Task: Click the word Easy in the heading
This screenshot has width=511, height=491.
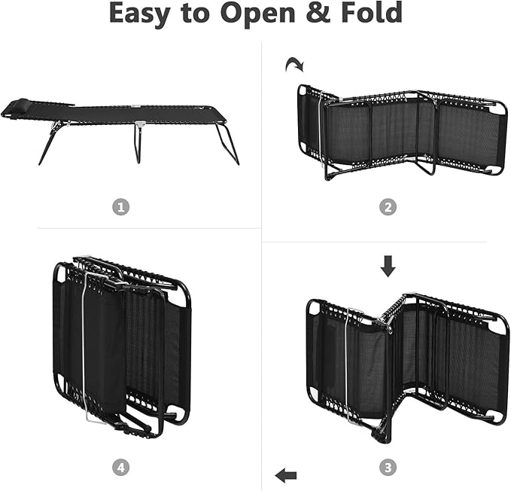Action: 140,14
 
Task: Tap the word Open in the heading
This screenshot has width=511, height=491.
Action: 258,13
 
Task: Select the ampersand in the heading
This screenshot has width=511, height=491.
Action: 318,12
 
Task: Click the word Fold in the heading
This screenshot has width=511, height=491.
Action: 372,12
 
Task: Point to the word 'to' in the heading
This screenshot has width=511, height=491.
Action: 196,14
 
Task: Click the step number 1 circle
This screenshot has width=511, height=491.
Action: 120,207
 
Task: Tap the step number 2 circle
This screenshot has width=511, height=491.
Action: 388,207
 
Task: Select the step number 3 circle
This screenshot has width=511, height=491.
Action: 388,468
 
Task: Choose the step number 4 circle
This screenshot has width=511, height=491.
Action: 120,468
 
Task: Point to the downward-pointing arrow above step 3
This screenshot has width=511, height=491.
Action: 388,267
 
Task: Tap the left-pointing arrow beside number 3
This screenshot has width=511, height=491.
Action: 286,475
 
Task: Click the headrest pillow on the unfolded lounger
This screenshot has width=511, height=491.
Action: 20,104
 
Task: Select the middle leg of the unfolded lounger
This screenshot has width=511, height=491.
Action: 138,142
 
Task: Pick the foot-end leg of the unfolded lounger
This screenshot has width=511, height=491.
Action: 227,144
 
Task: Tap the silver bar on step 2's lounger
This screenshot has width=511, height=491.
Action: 321,130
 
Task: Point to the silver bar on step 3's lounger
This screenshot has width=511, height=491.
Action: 348,365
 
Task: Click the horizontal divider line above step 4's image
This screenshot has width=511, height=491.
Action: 149,228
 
